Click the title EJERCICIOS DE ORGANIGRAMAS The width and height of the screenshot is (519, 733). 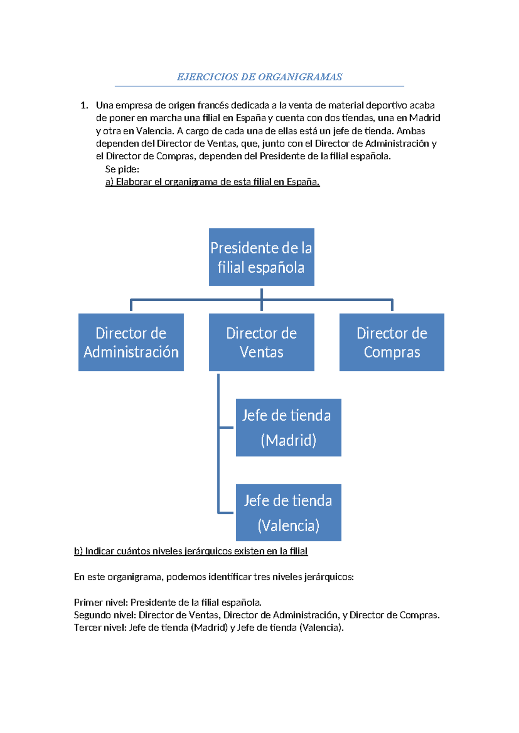point(259,77)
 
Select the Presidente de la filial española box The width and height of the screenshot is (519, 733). point(261,257)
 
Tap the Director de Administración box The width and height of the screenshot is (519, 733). point(131,342)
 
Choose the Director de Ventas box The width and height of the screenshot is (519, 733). point(261,342)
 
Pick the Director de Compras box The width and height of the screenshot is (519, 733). point(392,342)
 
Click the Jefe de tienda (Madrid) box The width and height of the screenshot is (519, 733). point(288,427)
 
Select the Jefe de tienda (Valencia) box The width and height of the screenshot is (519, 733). point(288,513)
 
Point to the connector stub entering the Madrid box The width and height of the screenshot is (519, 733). point(227,427)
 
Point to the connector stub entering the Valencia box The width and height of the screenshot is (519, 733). point(227,513)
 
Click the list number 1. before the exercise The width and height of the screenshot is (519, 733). point(84,105)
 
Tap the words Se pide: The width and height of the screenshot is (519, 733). point(122,169)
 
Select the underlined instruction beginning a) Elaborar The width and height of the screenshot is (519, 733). point(212,182)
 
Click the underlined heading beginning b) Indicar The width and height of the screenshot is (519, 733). point(191,551)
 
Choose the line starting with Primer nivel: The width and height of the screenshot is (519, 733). point(168,602)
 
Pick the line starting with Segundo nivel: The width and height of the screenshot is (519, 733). point(256,615)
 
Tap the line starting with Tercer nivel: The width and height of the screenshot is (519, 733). point(208,628)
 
